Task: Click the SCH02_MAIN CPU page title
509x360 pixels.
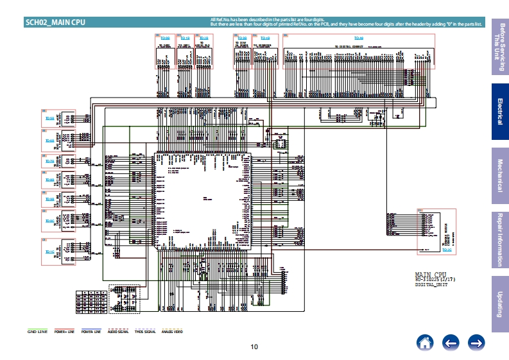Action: click(55, 22)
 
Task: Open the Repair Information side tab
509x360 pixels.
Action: click(499, 239)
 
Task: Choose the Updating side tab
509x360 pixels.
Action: click(499, 303)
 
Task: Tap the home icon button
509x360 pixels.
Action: click(424, 343)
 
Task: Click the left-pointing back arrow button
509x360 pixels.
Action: click(451, 343)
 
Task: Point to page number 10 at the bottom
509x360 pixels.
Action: click(254, 347)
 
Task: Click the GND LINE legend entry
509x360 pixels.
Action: click(37, 332)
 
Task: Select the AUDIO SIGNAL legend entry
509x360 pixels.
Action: click(118, 332)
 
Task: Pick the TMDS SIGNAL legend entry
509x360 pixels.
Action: click(145, 332)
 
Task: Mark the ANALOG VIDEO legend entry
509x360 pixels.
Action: click(172, 332)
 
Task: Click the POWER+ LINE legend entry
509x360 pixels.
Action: click(64, 332)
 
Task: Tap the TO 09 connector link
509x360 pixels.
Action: click(164, 38)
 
